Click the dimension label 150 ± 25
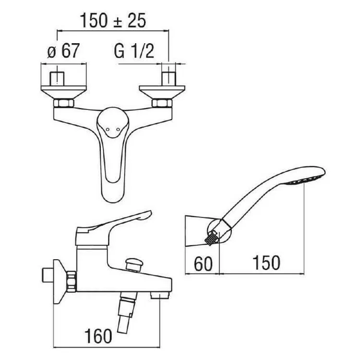pyautogui.click(x=113, y=21)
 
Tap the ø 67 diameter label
pyautogui.click(x=63, y=51)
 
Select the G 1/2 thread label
pyautogui.click(x=134, y=51)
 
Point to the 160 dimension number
pyautogui.click(x=98, y=336)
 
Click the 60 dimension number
pyautogui.click(x=204, y=264)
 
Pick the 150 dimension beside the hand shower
pyautogui.click(x=266, y=263)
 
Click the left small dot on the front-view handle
pyautogui.click(x=108, y=130)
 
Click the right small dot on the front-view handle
pyautogui.click(x=118, y=130)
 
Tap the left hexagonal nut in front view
pyautogui.click(x=64, y=103)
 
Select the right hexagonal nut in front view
pyautogui.click(x=162, y=103)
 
